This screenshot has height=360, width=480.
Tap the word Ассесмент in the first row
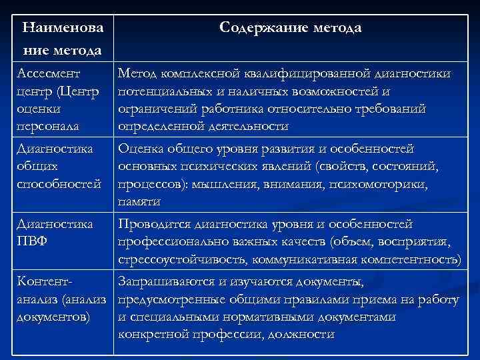[49, 73]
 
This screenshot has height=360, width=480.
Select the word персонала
[49, 126]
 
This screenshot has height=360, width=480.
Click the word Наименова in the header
[62, 28]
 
